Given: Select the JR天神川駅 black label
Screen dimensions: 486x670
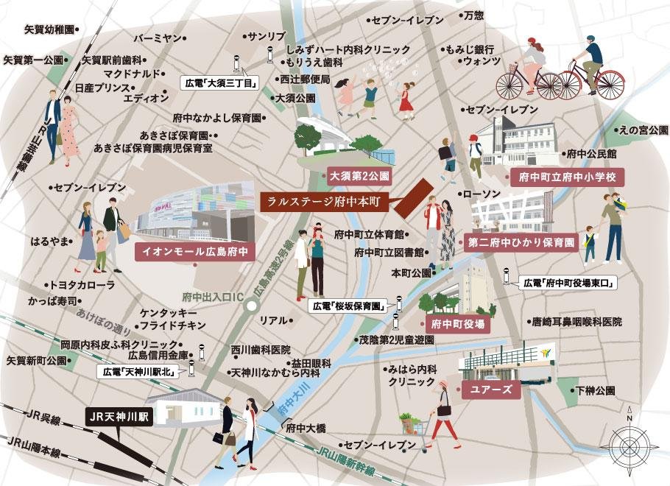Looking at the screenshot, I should [119, 417].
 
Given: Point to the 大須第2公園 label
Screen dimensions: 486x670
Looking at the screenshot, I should [359, 177].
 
